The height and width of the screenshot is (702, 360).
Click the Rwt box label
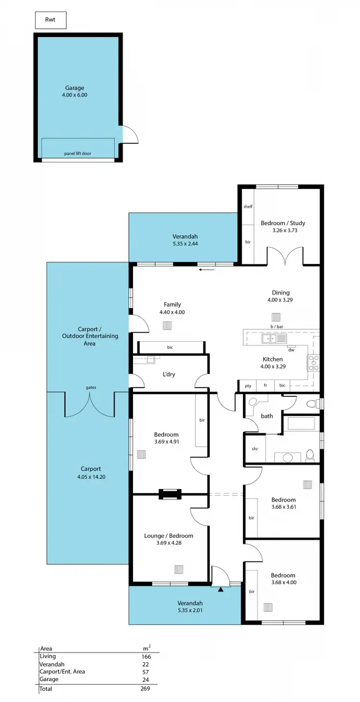point(50,20)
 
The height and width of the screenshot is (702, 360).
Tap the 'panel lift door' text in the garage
point(78,154)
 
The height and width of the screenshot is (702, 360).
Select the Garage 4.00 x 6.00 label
point(75,91)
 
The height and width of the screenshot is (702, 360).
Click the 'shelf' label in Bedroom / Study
point(248,206)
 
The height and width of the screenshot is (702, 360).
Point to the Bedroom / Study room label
point(283,226)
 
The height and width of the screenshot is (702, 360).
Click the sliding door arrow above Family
point(207,270)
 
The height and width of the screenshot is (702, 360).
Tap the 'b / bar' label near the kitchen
point(276,327)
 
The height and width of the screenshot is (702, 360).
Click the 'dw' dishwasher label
point(291,350)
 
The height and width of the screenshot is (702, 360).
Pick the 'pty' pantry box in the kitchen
point(248,385)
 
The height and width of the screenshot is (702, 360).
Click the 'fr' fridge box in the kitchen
point(265,385)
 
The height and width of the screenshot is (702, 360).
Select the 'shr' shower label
point(255,449)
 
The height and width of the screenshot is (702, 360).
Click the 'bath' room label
point(267,416)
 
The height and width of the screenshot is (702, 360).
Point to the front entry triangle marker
point(221,590)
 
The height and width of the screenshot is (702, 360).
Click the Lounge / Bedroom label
point(168,539)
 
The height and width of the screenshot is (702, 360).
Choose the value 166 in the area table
point(146,656)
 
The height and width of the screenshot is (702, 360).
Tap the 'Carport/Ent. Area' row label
point(62,671)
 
